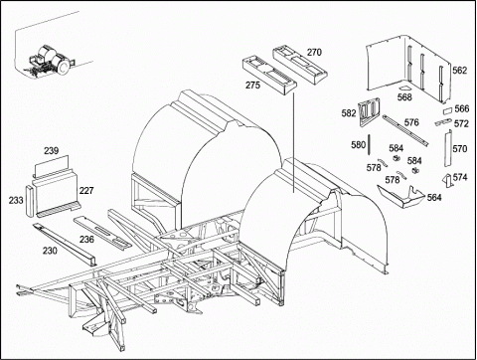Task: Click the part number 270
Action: [314, 52]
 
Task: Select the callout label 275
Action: [252, 85]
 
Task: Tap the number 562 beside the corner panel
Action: [460, 71]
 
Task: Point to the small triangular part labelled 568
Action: [403, 89]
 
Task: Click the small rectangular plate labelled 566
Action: [447, 110]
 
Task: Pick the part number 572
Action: [461, 123]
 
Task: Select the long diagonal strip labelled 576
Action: [405, 130]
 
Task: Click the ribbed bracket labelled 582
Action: [369, 111]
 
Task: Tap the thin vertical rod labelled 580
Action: [369, 144]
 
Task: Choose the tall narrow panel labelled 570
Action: [447, 147]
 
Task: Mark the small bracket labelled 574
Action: [447, 181]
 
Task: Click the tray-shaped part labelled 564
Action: [400, 198]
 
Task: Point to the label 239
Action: [52, 151]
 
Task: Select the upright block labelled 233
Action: [30, 201]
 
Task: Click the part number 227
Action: [86, 191]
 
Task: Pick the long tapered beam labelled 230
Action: [65, 245]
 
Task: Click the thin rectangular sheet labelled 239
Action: [52, 165]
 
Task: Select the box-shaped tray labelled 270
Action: [299, 66]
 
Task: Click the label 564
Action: [434, 198]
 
